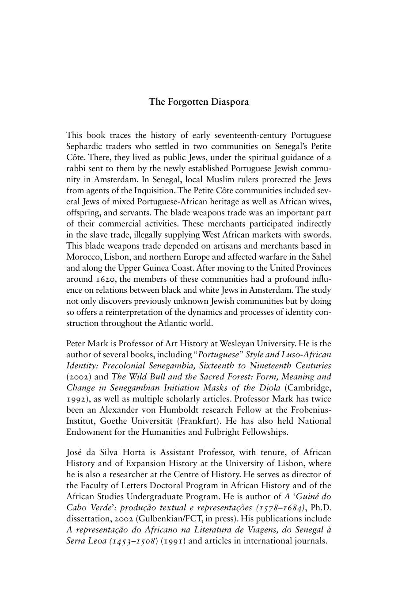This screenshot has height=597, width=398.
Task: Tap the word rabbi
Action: click(x=76, y=168)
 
